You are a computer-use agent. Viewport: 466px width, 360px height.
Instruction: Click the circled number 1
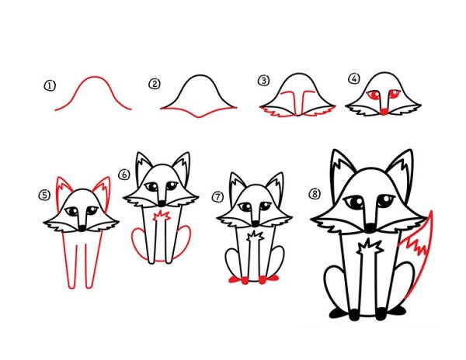click(x=50, y=86)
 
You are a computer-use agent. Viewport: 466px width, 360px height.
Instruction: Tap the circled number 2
click(x=155, y=84)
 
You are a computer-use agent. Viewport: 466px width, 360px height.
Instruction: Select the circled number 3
click(x=263, y=81)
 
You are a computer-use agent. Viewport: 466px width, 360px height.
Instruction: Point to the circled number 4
click(x=354, y=78)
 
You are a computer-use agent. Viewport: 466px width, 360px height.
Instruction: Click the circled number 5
click(x=44, y=196)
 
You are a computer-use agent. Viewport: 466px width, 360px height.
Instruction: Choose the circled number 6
click(x=124, y=175)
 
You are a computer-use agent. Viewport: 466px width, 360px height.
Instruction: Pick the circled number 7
click(x=218, y=196)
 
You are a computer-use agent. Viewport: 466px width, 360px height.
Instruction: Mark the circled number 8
click(x=315, y=194)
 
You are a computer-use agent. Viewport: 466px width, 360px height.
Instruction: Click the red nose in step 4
click(x=384, y=112)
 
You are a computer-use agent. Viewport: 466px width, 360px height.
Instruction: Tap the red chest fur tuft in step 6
click(x=161, y=216)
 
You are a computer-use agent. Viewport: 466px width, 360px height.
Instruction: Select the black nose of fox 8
click(x=370, y=227)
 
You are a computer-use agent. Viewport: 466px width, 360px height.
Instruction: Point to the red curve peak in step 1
click(x=95, y=78)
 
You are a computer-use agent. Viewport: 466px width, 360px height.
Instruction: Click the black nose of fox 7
click(x=256, y=223)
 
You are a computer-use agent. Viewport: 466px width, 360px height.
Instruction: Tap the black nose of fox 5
click(x=82, y=228)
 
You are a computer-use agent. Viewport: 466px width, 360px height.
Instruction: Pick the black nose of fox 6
click(x=162, y=203)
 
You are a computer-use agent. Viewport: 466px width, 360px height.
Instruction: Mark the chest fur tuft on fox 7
click(x=255, y=236)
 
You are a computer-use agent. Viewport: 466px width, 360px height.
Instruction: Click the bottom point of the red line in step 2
click(x=199, y=117)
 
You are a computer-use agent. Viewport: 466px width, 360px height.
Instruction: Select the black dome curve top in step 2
click(x=200, y=76)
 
